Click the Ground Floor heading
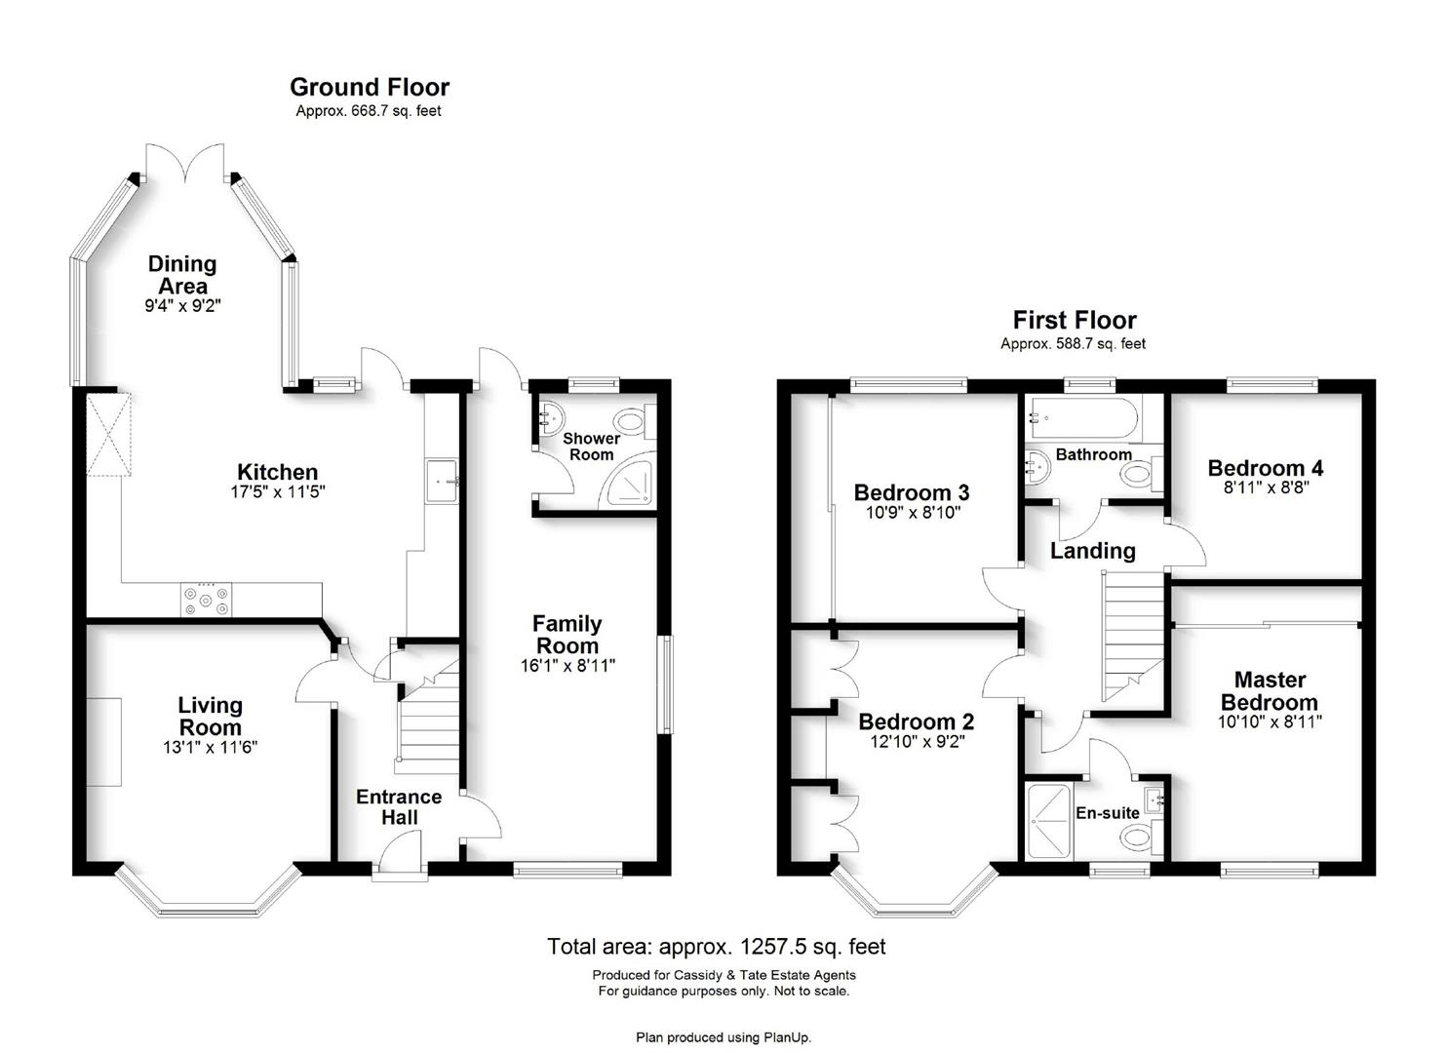[370, 87]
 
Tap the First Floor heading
[1075, 320]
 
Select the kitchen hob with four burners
[206, 600]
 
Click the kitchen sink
[442, 481]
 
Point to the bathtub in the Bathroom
[1085, 418]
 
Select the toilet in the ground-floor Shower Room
[635, 421]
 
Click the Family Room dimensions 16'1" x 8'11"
[567, 665]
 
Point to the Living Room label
[210, 716]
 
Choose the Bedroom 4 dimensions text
[1266, 487]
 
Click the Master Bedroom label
[1270, 690]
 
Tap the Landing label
[1092, 551]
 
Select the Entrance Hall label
[399, 806]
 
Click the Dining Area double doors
[185, 162]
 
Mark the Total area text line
[717, 947]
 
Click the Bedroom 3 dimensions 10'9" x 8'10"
[913, 513]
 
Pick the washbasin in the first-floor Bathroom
[1038, 468]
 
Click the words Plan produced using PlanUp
[724, 1038]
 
